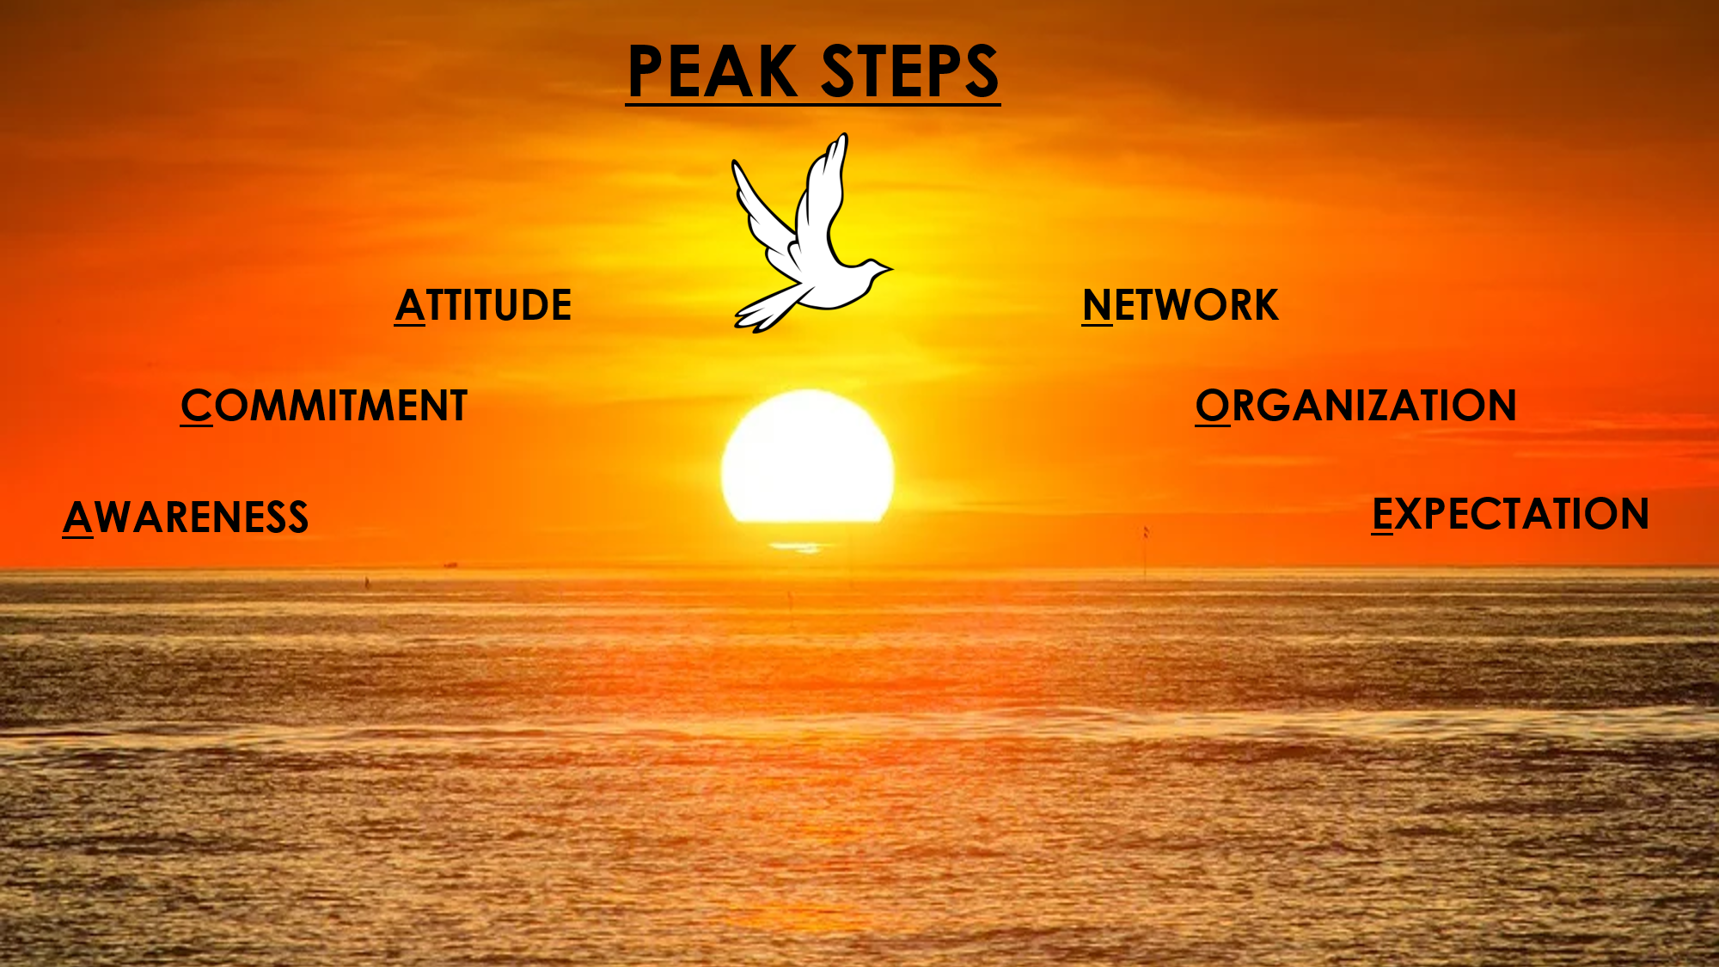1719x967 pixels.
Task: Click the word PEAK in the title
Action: coord(712,71)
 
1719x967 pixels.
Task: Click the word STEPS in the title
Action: coord(910,71)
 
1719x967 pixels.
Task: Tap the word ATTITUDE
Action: coord(483,305)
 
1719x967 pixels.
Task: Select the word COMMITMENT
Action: coord(324,406)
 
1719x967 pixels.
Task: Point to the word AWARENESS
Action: coord(186,517)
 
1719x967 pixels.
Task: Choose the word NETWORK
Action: coord(1180,305)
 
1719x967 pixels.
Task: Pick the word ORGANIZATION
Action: coord(1355,406)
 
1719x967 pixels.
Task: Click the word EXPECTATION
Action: coord(1510,514)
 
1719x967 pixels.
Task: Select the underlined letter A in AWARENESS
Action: coord(77,517)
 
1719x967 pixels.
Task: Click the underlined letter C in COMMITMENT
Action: coord(196,406)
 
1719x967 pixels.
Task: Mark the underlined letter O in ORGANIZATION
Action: coord(1213,406)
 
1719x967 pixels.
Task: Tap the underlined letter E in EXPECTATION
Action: coord(1382,514)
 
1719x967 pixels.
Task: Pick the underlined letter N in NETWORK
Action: coord(1098,305)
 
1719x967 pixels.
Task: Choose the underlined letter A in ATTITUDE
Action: coord(410,305)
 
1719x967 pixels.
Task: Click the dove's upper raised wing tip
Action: coord(843,138)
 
